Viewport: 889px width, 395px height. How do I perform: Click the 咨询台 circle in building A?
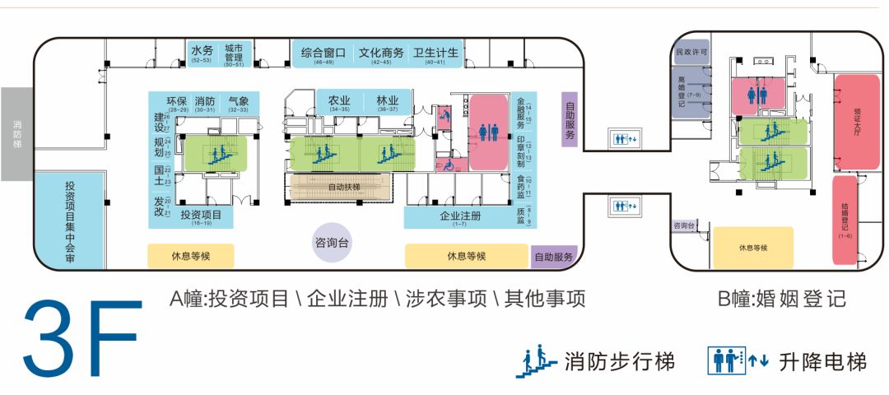click(x=333, y=244)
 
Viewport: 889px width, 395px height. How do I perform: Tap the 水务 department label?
click(x=202, y=51)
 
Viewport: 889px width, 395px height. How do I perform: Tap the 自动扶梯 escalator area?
click(x=344, y=187)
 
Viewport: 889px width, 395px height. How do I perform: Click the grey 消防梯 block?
click(x=17, y=133)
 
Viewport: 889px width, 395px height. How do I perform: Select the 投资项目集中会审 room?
click(x=70, y=221)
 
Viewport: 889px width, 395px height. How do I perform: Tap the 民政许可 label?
click(x=691, y=52)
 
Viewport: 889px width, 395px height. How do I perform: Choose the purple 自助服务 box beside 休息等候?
click(x=553, y=257)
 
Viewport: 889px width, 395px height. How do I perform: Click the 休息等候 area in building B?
click(x=753, y=248)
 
